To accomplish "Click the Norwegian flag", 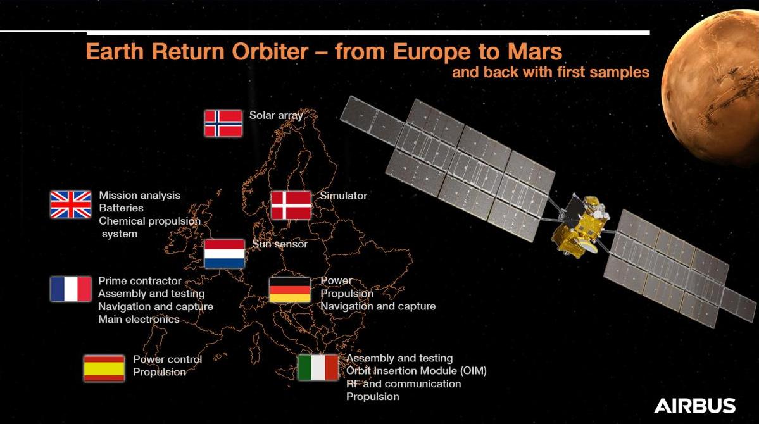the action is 223,123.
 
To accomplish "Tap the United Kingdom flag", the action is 71,204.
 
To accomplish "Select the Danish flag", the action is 291,205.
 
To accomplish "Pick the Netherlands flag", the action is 224,253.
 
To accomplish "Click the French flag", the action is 71,289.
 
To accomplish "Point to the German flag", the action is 290,289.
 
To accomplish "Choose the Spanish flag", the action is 104,368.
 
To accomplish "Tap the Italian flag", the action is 318,368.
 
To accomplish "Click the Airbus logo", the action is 694,406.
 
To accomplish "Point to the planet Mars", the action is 711,87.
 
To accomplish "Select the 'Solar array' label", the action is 276,115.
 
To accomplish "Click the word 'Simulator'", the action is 343,196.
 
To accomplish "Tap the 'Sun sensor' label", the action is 280,244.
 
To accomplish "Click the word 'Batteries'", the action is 121,208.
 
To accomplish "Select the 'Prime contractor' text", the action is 139,281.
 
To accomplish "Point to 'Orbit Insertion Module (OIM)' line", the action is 417,371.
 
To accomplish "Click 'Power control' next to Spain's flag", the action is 168,359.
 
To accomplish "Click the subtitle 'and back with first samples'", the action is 550,72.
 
